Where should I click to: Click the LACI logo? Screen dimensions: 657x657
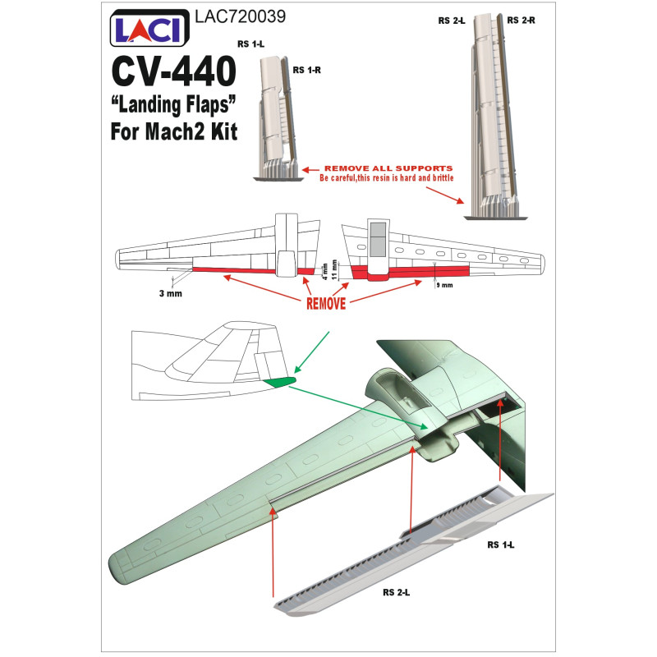[149, 28]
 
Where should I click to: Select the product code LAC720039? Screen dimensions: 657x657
[240, 16]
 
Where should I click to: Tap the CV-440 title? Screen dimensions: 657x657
[173, 71]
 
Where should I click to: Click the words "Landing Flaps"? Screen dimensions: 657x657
[173, 105]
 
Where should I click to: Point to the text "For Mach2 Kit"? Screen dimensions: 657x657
[174, 131]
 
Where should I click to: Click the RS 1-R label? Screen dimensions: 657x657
[306, 70]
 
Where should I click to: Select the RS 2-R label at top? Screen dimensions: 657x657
[521, 20]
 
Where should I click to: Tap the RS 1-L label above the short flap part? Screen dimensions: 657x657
[251, 44]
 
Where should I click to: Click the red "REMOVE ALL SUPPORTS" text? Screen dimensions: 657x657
[388, 168]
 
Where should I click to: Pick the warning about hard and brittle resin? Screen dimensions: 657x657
[386, 178]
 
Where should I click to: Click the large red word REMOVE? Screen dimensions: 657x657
[326, 303]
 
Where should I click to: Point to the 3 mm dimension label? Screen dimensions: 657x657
[171, 294]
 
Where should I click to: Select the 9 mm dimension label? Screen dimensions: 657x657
[444, 285]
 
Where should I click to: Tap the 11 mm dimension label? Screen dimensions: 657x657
[334, 270]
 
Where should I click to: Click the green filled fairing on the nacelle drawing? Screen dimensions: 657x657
[279, 382]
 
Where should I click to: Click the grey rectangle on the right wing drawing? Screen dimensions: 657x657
[379, 239]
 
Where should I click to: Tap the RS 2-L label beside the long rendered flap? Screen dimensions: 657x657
[396, 592]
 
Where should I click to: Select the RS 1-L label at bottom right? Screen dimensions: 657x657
[500, 544]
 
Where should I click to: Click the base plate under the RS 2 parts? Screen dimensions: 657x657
[496, 218]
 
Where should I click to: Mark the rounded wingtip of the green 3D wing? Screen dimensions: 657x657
[118, 567]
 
